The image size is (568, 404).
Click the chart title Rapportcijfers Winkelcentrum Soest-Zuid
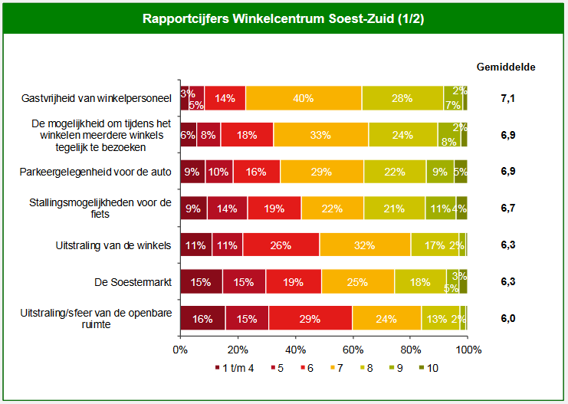click(x=284, y=18)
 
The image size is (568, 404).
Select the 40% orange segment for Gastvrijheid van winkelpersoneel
click(x=304, y=98)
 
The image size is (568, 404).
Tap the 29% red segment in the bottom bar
click(x=310, y=317)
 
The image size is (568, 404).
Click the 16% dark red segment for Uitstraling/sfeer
click(x=202, y=317)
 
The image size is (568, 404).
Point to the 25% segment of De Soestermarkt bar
click(x=357, y=281)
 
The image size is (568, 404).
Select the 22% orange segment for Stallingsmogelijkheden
click(x=333, y=208)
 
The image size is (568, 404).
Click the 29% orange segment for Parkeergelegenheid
click(x=322, y=171)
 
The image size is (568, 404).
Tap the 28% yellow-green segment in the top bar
click(x=402, y=98)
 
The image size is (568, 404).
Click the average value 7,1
click(x=507, y=98)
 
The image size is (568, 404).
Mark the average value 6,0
click(x=507, y=317)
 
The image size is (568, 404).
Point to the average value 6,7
click(x=507, y=208)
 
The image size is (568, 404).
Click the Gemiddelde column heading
click(x=506, y=66)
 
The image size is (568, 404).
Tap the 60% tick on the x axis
click(x=353, y=350)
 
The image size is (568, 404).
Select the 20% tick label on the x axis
click(x=238, y=350)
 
